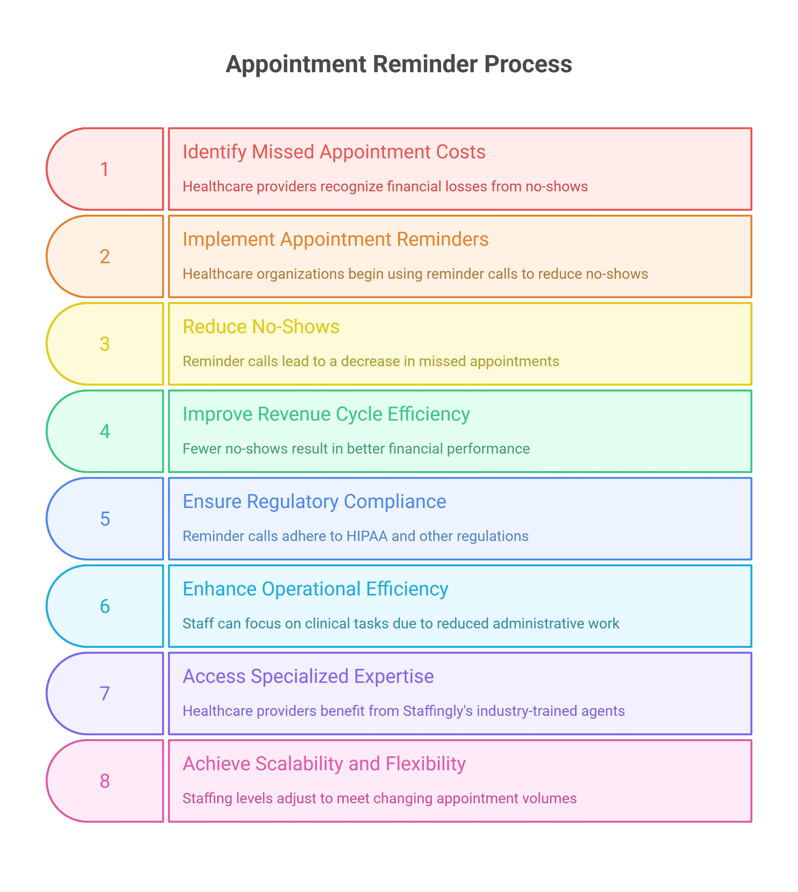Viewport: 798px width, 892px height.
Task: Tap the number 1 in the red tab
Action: point(104,169)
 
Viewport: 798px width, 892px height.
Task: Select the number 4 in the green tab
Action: point(104,431)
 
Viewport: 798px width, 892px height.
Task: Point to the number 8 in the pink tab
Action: point(104,781)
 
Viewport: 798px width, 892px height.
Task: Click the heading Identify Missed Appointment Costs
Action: point(334,152)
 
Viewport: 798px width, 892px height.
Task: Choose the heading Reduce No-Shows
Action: point(261,327)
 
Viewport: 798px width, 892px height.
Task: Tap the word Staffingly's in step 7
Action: point(437,711)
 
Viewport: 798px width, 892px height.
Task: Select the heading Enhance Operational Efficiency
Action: point(315,589)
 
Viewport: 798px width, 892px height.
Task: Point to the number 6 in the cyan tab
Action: point(104,607)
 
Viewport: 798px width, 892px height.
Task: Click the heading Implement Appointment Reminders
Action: point(335,239)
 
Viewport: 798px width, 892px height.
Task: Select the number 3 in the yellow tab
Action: point(104,344)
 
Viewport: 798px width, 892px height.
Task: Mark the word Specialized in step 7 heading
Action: point(300,676)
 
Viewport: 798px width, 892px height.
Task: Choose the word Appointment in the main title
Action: point(296,64)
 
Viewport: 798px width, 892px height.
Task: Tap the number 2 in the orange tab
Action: point(104,256)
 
